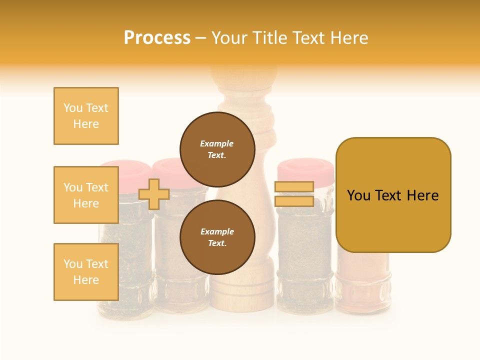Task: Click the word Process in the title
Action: click(157, 38)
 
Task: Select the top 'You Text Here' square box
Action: click(86, 116)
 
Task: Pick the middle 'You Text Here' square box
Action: click(86, 195)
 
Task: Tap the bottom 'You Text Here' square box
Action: click(86, 272)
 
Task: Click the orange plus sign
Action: click(154, 194)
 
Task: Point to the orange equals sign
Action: click(294, 194)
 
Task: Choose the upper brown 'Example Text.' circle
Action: click(217, 149)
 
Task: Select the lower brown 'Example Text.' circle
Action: click(217, 237)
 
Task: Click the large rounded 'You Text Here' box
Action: click(393, 195)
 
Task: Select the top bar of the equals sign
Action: click(294, 187)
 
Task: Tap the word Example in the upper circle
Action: click(217, 143)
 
